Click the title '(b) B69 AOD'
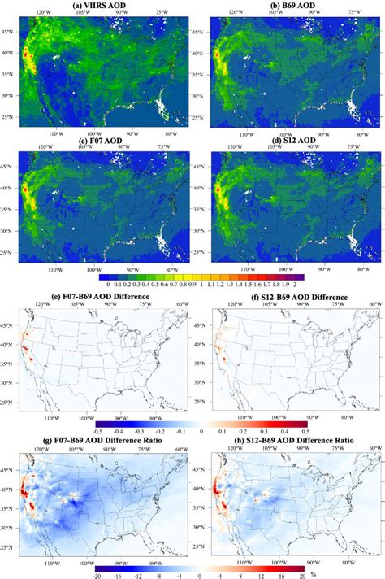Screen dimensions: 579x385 point(288,4)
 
